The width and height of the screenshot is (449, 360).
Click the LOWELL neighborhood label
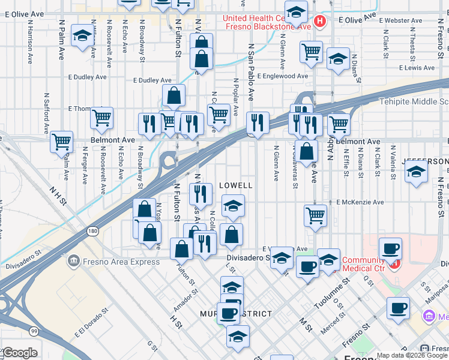point(235,186)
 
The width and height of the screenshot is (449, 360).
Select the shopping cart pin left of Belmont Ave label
point(61,142)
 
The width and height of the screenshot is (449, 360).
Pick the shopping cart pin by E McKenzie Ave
point(315,215)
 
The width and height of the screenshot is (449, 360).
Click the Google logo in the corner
point(19,353)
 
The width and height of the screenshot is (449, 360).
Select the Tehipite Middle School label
point(414,102)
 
